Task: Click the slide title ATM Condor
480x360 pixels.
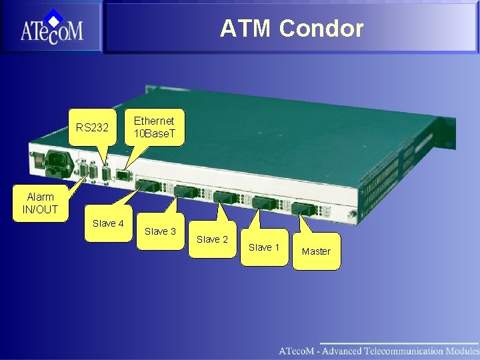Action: [x=291, y=29]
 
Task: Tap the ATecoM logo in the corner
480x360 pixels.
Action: [x=51, y=28]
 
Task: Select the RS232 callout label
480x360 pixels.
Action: [x=92, y=127]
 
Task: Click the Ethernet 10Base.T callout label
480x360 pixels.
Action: [x=154, y=127]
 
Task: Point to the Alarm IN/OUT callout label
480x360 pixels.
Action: [x=40, y=203]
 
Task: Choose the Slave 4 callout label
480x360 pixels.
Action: [x=108, y=224]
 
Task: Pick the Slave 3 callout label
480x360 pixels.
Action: [x=160, y=231]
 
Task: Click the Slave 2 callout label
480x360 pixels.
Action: [x=212, y=239]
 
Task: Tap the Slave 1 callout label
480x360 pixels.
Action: [x=264, y=247]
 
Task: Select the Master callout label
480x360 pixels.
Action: [x=316, y=251]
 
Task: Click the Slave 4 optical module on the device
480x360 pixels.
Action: [x=148, y=185]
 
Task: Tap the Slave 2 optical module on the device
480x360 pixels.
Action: [x=226, y=197]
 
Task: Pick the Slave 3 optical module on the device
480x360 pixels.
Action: [x=187, y=191]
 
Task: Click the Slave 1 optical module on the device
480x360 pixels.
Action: [x=264, y=203]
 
